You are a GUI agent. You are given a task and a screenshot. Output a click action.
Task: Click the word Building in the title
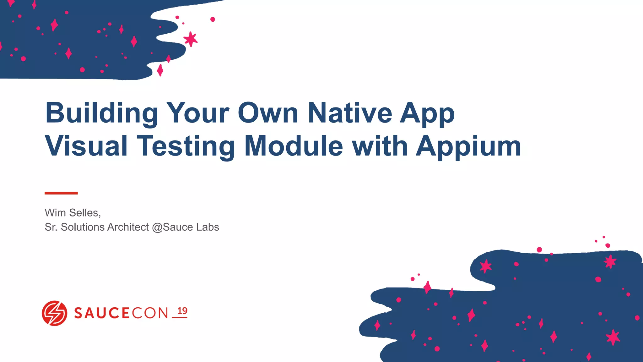tap(101, 113)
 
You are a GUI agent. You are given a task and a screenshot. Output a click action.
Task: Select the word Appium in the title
tap(468, 146)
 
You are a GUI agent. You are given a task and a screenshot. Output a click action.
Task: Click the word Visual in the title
tap(86, 146)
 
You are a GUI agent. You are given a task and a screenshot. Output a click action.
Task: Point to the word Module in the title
tap(293, 146)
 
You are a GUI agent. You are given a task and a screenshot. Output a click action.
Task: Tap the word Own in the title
tap(268, 113)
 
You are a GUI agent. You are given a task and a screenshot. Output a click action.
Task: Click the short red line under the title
tap(61, 193)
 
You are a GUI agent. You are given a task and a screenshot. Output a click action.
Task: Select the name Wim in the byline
tap(55, 213)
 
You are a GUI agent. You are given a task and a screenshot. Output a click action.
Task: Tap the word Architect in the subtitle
tap(128, 227)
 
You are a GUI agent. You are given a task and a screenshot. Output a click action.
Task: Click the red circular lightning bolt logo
tap(54, 313)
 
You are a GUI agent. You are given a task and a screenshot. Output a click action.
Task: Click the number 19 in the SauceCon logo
tap(182, 311)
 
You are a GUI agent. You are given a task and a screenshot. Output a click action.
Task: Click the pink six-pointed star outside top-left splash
tap(191, 39)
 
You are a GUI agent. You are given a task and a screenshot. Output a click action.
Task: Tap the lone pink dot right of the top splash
tap(213, 19)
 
